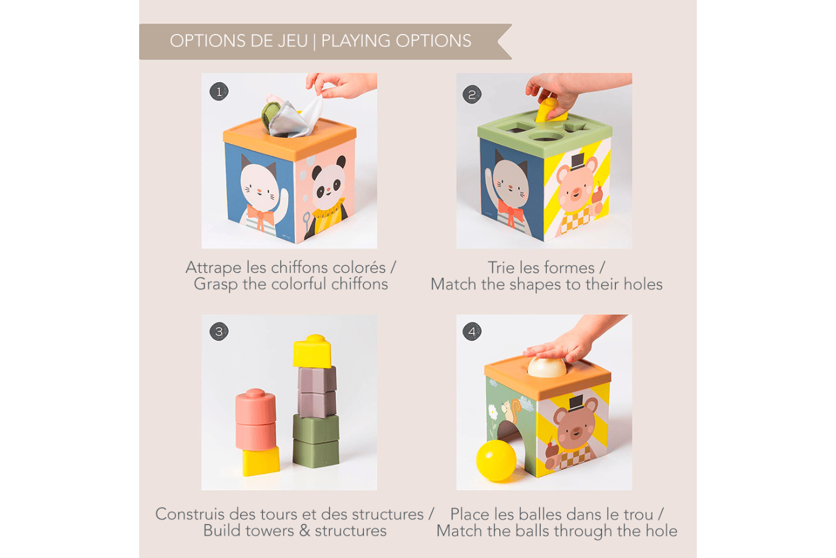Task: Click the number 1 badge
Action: [219, 92]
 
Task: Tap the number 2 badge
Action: [472, 94]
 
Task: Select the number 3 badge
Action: [219, 331]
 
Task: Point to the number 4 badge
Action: [472, 331]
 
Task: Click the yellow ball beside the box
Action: [496, 461]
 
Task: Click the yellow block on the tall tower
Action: [312, 351]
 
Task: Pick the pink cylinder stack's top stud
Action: [256, 393]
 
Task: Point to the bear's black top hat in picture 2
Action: [577, 161]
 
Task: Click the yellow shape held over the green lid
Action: [550, 111]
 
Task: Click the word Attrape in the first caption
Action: [213, 267]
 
